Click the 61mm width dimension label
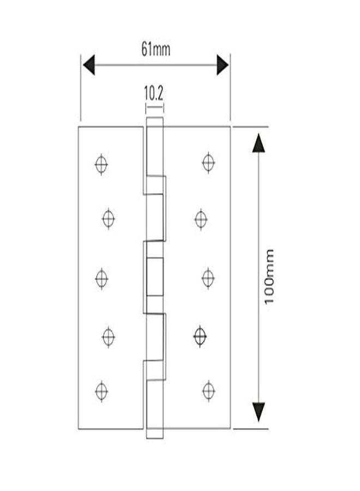coord(155,50)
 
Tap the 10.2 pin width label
coord(154,93)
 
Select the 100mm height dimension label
coord(269,277)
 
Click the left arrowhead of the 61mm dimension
coord(89,65)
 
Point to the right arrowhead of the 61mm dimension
coord(223,65)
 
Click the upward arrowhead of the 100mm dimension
coord(259,143)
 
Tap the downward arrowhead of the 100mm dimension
coord(259,412)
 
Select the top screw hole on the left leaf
coord(101,164)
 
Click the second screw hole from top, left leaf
coord(109,219)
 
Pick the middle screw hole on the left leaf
coord(101,278)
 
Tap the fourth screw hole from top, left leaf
coord(109,337)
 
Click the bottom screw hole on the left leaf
coord(101,391)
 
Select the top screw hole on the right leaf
coord(208,163)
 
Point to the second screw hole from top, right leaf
coord(201,219)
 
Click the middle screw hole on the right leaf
coord(208,278)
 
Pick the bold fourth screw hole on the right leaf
coord(200,336)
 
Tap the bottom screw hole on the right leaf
coord(208,391)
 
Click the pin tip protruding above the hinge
coord(155,122)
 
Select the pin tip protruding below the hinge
coord(155,433)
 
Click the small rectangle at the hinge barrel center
coord(155,277)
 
